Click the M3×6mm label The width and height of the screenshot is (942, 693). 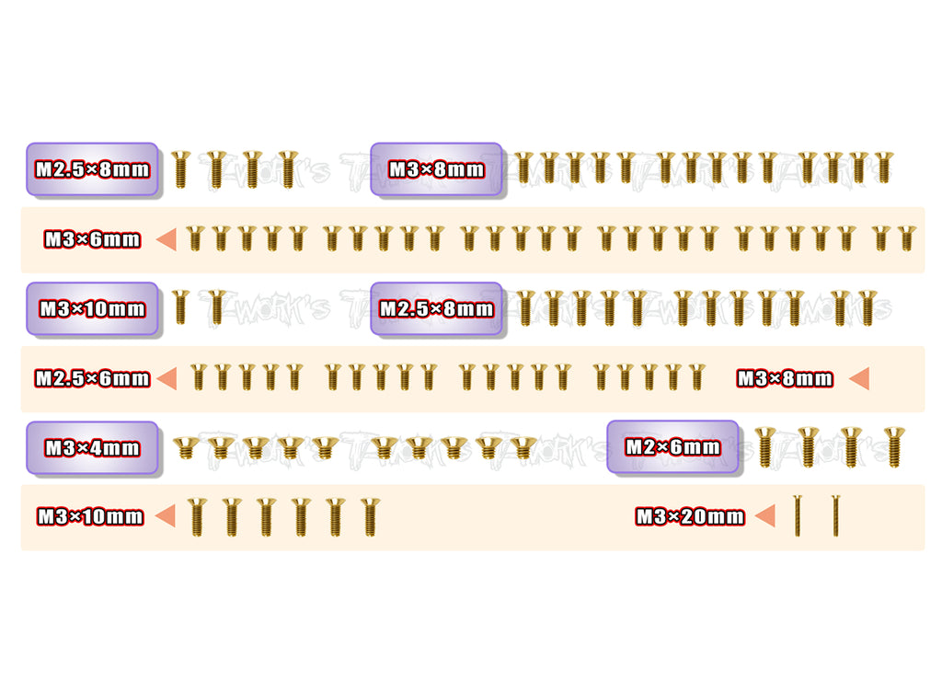(x=92, y=239)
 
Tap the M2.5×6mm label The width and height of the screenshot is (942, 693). (x=92, y=378)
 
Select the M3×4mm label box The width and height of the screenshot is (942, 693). (x=92, y=448)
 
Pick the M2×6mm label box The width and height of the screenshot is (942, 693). (x=672, y=447)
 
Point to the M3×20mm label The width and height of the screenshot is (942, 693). (x=690, y=517)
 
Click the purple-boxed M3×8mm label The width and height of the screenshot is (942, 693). (x=436, y=169)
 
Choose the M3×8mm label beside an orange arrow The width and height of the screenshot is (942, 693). (x=785, y=378)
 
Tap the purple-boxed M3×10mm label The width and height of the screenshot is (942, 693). (x=92, y=309)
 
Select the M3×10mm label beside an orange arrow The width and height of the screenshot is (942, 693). (x=90, y=517)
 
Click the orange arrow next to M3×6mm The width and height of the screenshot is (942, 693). (x=167, y=239)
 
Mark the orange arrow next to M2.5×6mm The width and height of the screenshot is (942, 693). (x=167, y=378)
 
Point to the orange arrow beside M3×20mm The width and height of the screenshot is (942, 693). (x=764, y=516)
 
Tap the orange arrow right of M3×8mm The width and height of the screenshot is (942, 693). (x=859, y=378)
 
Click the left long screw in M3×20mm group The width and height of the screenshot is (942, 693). (x=798, y=515)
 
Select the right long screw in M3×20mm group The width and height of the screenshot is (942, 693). (x=835, y=515)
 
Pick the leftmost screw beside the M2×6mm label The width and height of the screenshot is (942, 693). (x=764, y=446)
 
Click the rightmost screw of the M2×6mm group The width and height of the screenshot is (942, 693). (x=893, y=446)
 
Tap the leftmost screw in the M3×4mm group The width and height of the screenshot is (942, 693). (x=186, y=448)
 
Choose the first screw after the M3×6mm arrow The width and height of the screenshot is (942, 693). (x=194, y=239)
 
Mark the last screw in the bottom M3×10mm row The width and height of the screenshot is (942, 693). (x=369, y=516)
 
